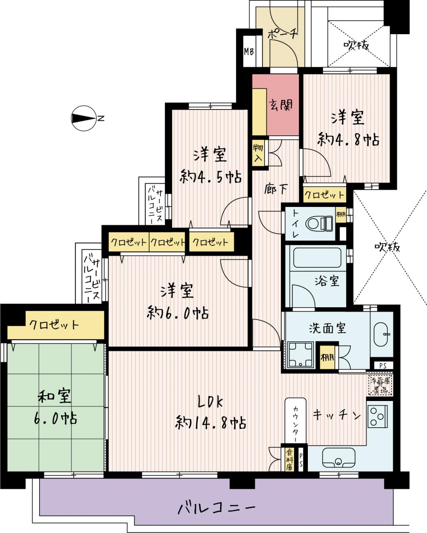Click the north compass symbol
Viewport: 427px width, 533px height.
coord(84,118)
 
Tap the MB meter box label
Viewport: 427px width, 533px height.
coord(249,52)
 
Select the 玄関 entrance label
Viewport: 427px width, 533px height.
coord(281,105)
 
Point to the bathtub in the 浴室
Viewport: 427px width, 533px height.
coord(317,257)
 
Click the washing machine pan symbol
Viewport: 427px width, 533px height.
coord(300,354)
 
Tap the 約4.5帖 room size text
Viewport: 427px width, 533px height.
coord(210,177)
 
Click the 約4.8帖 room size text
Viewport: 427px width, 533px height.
coord(348,139)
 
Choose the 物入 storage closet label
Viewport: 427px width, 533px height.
coord(258,153)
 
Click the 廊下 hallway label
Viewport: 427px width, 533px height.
coord(276,189)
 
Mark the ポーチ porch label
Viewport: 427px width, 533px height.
coord(282,33)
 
